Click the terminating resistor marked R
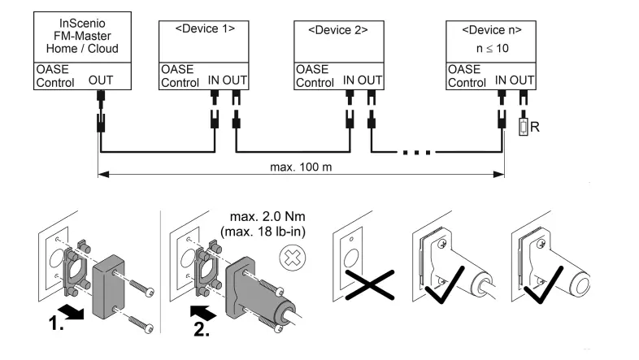point(524,128)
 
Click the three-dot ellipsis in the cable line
point(414,150)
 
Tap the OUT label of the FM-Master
point(100,81)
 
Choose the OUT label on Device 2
point(371,81)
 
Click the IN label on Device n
point(502,81)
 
